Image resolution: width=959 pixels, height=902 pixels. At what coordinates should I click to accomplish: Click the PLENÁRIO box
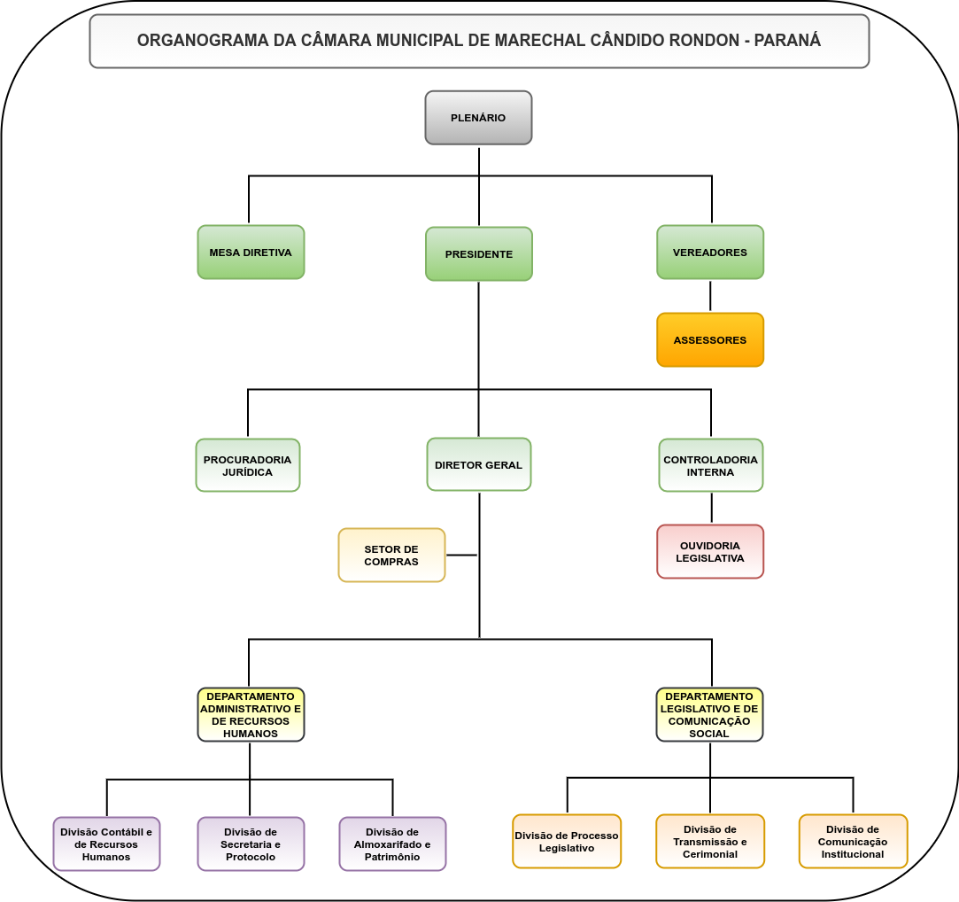478,118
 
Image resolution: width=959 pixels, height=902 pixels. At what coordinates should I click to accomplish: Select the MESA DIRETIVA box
251,253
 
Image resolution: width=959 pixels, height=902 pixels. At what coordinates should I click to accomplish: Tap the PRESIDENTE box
478,254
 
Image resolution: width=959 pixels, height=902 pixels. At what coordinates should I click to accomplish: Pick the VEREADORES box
710,253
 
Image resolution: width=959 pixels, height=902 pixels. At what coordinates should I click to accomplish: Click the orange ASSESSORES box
710,340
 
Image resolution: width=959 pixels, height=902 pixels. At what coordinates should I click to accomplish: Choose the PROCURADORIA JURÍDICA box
248,465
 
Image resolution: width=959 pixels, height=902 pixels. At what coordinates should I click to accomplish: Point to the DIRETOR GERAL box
478,464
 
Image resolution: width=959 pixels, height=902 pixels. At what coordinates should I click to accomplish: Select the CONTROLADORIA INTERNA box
710,465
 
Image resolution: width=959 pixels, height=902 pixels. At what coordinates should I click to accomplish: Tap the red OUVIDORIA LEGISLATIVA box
710,552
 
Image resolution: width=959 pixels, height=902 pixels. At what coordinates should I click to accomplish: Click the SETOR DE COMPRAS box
391,556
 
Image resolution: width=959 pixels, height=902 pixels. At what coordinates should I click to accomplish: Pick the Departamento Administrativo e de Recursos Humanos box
251,715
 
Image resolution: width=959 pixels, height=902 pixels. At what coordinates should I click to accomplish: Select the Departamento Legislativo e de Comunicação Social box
709,715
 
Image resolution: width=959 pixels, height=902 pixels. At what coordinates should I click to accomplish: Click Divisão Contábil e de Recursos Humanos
106,844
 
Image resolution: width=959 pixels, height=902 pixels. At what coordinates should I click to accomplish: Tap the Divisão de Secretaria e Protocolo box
251,844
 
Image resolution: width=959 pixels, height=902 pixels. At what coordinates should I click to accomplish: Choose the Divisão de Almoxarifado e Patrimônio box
392,844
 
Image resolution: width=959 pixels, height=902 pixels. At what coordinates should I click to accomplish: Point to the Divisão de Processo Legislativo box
567,842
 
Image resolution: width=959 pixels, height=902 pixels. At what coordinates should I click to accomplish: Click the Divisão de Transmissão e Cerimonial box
710,842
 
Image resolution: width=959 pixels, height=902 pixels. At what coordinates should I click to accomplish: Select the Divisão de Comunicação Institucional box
853,842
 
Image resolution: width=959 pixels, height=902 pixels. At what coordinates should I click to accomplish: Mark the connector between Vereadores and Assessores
710,296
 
